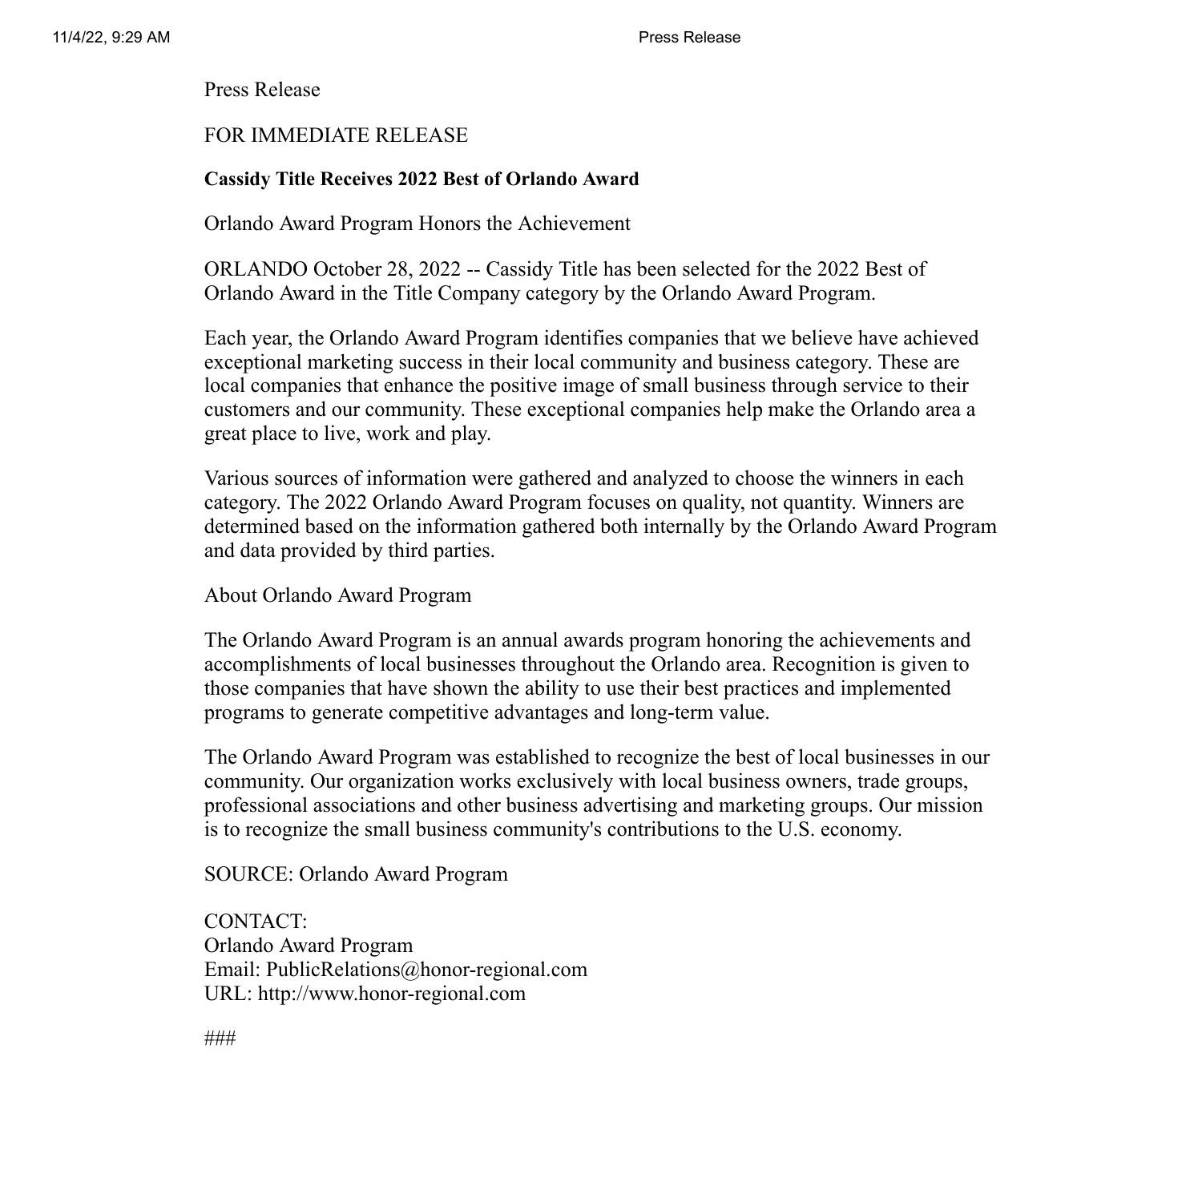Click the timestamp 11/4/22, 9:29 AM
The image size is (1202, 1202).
pyautogui.click(x=111, y=37)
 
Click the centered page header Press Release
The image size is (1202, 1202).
pyautogui.click(x=689, y=37)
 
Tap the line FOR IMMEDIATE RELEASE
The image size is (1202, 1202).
pyautogui.click(x=336, y=135)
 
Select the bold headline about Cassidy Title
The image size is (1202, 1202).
pyautogui.click(x=422, y=179)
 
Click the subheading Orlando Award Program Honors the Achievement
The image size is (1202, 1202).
pyautogui.click(x=417, y=224)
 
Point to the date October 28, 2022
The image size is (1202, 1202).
pyautogui.click(x=386, y=268)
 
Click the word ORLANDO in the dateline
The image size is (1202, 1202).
pyautogui.click(x=256, y=268)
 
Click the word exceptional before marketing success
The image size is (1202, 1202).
pyautogui.click(x=252, y=361)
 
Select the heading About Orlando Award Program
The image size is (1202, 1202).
pyautogui.click(x=337, y=595)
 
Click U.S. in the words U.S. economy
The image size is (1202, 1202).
pyautogui.click(x=796, y=829)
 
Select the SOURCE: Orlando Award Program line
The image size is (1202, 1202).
pyautogui.click(x=356, y=874)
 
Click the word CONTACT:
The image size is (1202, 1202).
pyautogui.click(x=256, y=922)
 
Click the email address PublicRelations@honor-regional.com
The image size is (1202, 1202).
pyautogui.click(x=426, y=970)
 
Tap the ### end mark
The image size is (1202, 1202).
pyautogui.click(x=220, y=1039)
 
